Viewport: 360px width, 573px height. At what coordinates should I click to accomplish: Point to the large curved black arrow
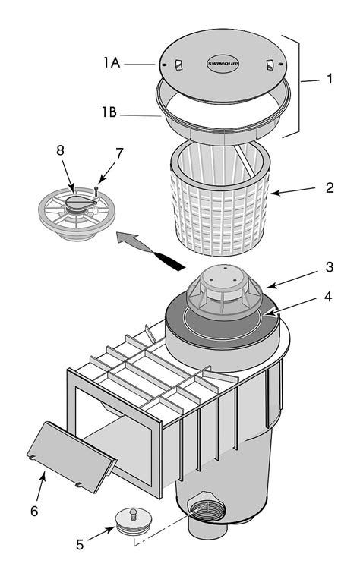pyautogui.click(x=156, y=250)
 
